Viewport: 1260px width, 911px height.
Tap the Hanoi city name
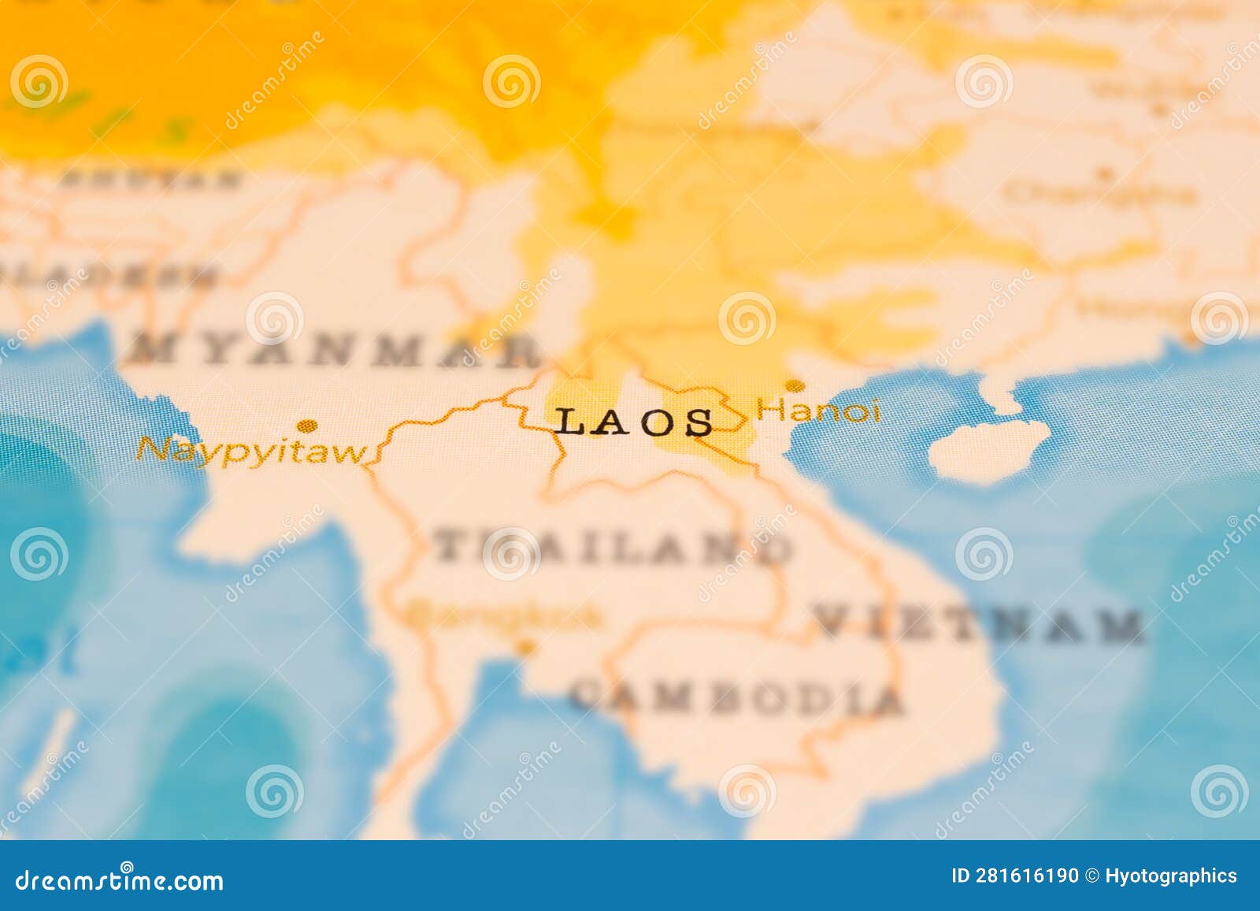click(x=817, y=411)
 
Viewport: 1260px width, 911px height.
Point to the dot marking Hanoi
click(x=795, y=385)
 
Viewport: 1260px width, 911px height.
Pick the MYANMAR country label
click(x=335, y=350)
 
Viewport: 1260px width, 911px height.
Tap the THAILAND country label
click(x=613, y=545)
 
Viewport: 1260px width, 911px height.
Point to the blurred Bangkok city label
click(x=504, y=616)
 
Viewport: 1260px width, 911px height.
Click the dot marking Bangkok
click(x=524, y=648)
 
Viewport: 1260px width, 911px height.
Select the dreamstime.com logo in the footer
click(x=120, y=879)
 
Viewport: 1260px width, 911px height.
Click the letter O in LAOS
click(x=660, y=423)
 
